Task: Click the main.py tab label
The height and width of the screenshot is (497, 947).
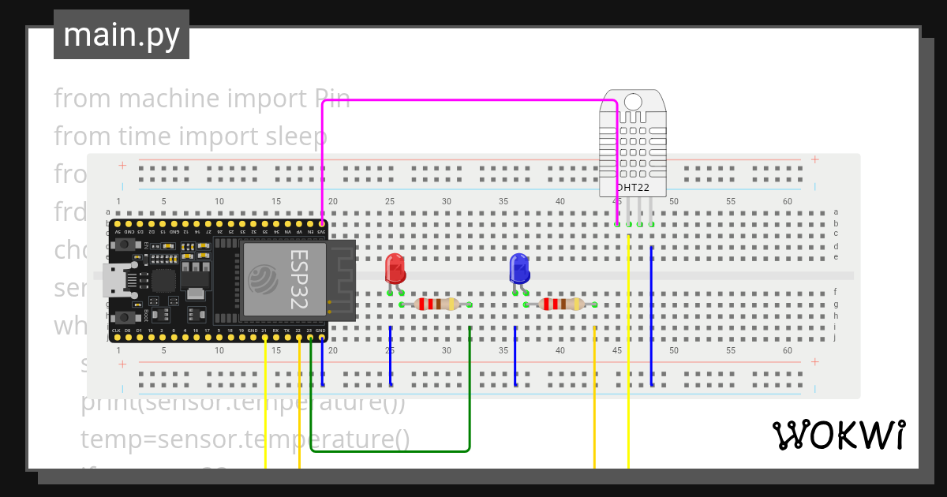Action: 121,35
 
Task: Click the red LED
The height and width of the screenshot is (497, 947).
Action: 395,270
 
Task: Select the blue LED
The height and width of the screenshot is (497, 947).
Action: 519,270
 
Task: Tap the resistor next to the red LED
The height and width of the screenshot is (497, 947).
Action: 436,305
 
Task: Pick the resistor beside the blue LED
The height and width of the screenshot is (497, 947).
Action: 561,305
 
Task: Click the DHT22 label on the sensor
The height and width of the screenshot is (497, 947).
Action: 633,188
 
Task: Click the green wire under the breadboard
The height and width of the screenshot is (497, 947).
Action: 395,451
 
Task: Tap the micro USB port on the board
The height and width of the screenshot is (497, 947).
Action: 114,280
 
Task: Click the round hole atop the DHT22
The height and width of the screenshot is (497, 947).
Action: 633,101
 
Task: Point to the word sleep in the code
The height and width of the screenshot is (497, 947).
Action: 295,136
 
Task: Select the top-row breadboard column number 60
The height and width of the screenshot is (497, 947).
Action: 788,201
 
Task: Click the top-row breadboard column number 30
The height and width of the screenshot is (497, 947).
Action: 447,201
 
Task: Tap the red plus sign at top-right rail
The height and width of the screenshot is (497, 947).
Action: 814,159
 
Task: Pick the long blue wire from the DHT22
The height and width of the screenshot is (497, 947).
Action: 651,316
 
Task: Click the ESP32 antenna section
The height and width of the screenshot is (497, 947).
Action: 342,280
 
